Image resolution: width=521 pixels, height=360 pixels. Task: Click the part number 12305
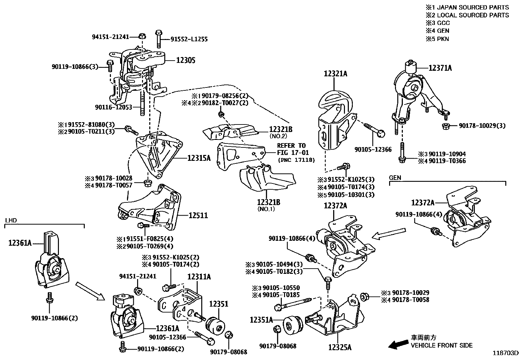(186, 60)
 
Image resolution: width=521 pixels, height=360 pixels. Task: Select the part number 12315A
(199, 159)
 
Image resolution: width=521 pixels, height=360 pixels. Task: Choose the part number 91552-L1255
(189, 39)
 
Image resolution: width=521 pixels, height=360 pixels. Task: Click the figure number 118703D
(506, 353)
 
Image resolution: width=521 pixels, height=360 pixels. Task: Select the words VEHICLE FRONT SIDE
(442, 345)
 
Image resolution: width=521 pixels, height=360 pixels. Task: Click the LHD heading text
(11, 220)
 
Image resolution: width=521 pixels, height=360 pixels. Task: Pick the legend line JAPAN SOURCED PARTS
(467, 7)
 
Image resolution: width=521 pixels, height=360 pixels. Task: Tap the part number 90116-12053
(114, 107)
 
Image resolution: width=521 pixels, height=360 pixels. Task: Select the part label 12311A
(199, 277)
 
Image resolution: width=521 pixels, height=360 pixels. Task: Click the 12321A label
(335, 74)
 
